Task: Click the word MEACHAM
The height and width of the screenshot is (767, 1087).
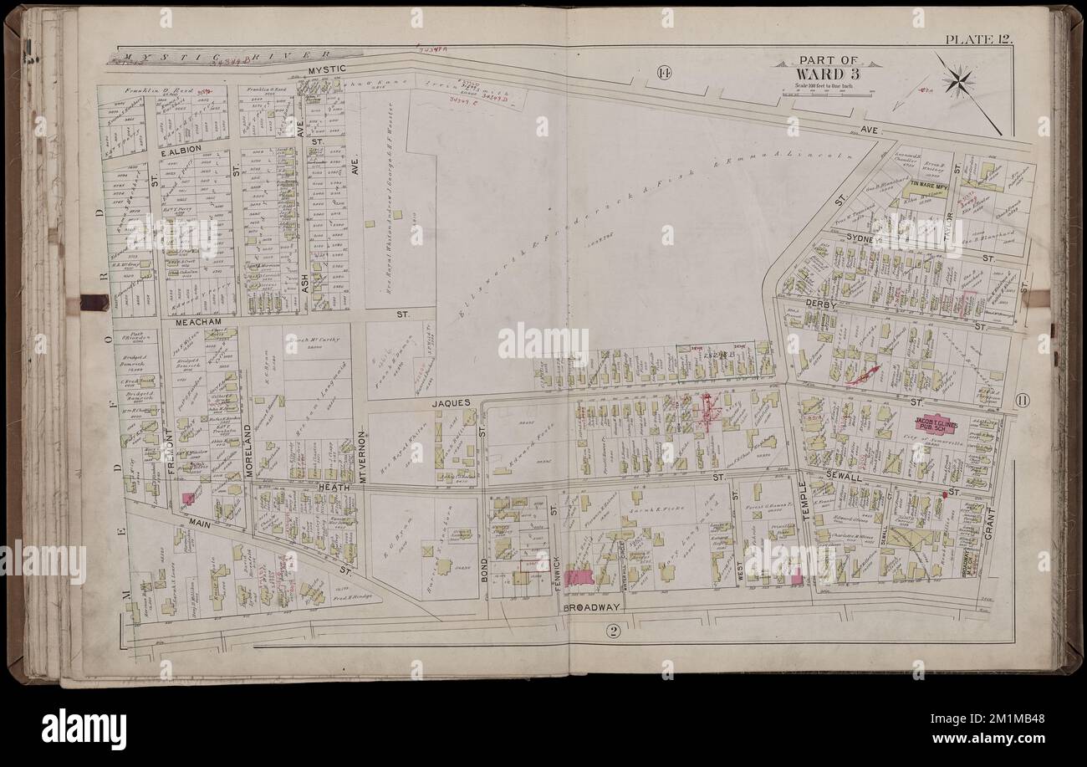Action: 196,320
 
